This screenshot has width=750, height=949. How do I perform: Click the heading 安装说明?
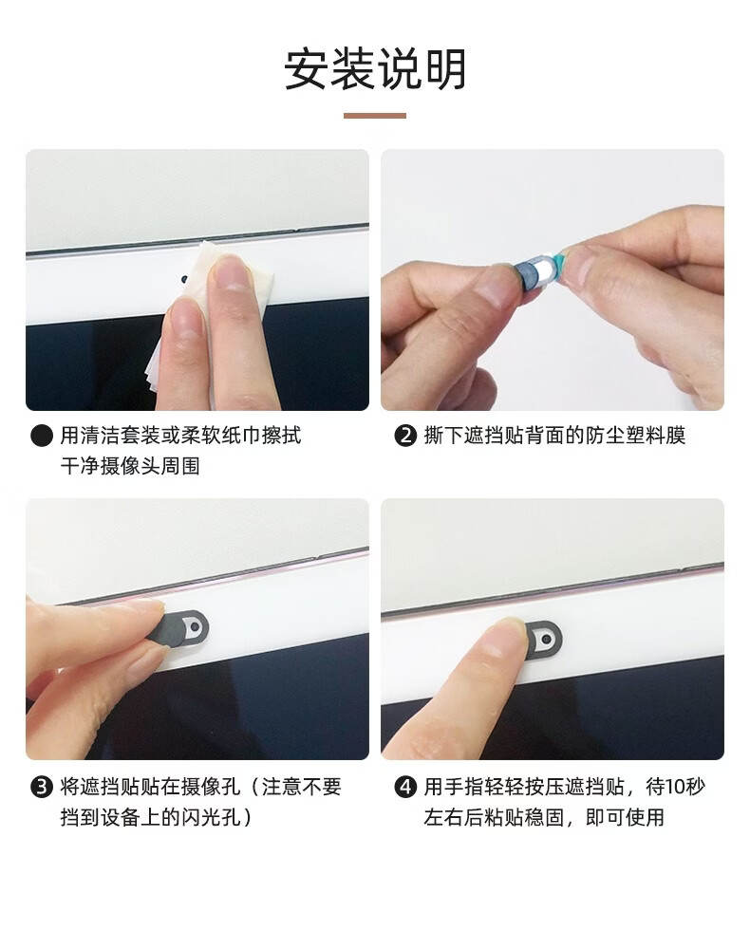[375, 69]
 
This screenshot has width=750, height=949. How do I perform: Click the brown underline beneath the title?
[375, 116]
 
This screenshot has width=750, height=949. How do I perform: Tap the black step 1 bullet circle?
[41, 436]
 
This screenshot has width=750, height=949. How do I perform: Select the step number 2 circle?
[405, 436]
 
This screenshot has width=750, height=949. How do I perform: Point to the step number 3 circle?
[41, 787]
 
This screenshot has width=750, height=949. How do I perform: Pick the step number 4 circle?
[405, 787]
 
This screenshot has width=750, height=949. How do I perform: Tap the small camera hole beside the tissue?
[184, 280]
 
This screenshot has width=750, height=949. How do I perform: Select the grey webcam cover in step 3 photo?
[181, 626]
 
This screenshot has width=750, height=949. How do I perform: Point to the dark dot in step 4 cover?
[546, 639]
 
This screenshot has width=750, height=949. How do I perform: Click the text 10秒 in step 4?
[685, 787]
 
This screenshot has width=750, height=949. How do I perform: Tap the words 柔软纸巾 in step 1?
[221, 436]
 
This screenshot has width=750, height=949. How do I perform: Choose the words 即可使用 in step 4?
[625, 818]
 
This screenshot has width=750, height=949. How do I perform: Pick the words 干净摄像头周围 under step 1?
[130, 467]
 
